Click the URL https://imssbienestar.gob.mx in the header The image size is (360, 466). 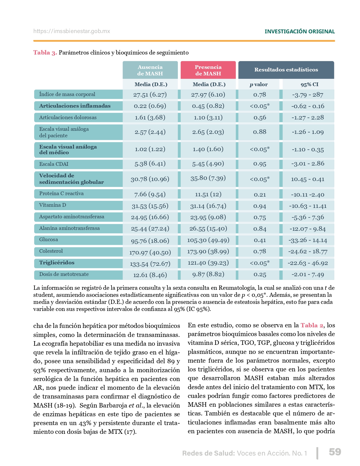[x=72, y=31]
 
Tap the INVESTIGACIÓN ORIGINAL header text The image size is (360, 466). [x=300, y=31]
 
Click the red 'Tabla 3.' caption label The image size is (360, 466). [x=45, y=53]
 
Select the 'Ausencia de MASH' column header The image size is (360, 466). [x=150, y=70]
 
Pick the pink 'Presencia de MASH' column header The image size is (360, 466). [x=208, y=70]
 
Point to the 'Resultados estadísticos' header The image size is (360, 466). [x=286, y=70]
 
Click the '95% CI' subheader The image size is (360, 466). [x=309, y=84]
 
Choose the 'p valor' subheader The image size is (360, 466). [x=259, y=84]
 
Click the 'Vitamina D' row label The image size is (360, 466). [x=53, y=205]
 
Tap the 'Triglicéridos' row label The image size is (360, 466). [x=57, y=263]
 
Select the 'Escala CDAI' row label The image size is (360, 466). [x=54, y=164]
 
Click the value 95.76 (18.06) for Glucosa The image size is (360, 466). [x=150, y=241]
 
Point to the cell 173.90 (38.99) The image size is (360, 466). [x=208, y=252]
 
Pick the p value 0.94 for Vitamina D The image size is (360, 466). [x=259, y=206]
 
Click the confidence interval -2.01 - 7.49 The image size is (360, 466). [x=308, y=275]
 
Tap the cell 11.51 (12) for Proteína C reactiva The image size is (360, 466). [x=208, y=194]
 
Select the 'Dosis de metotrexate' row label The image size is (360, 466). [x=64, y=274]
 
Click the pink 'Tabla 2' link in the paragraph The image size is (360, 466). [x=312, y=325]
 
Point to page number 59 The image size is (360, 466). [x=335, y=452]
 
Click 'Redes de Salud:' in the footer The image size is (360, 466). [x=208, y=453]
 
